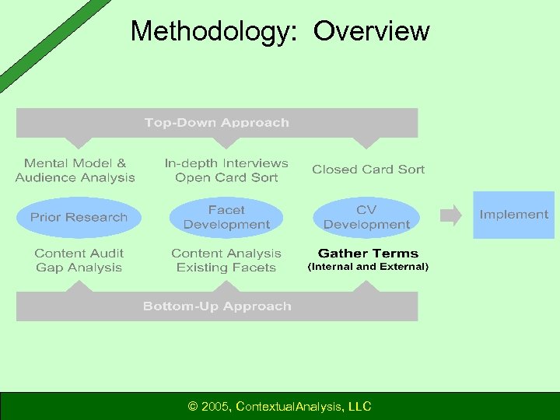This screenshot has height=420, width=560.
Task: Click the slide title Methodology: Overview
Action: [x=279, y=31]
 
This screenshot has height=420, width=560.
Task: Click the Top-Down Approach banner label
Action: [x=216, y=122]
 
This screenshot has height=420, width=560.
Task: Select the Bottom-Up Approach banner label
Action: [x=216, y=306]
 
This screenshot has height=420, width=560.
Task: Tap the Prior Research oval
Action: [x=78, y=217]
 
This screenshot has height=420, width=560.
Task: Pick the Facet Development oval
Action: [x=226, y=217]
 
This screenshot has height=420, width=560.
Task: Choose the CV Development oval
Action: [x=366, y=217]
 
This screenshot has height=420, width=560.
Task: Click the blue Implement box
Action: [x=513, y=215]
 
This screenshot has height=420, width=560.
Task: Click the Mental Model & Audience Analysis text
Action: [x=75, y=170]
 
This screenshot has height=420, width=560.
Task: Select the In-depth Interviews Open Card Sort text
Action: [x=226, y=170]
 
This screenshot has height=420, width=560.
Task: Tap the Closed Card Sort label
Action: [x=368, y=170]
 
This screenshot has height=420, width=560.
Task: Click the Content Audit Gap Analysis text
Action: [x=79, y=261]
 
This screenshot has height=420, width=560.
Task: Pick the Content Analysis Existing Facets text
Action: [x=226, y=261]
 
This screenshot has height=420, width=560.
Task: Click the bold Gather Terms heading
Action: [x=368, y=254]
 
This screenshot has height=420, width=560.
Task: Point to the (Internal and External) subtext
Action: [x=368, y=267]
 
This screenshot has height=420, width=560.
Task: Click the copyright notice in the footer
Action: [x=279, y=406]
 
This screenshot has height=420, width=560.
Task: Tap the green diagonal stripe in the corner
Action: [x=47, y=39]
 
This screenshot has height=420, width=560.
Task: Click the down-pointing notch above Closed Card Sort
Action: [x=366, y=143]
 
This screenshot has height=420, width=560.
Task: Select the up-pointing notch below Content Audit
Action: [x=79, y=285]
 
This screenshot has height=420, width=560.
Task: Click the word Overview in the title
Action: [x=371, y=31]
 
